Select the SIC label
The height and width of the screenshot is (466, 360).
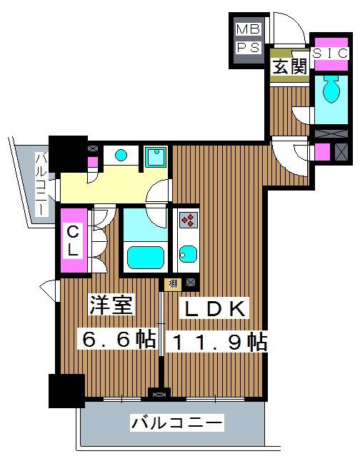330,54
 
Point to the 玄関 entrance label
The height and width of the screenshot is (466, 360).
289,68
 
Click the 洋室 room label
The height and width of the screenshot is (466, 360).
111,308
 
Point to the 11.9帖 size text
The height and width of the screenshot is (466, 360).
217,342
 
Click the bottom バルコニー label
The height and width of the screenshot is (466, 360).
176,424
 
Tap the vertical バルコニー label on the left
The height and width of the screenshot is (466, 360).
41,184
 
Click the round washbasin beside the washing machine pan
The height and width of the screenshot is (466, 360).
122,155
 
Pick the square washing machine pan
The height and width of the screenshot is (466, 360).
155,156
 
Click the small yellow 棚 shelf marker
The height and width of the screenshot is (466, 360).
173,284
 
